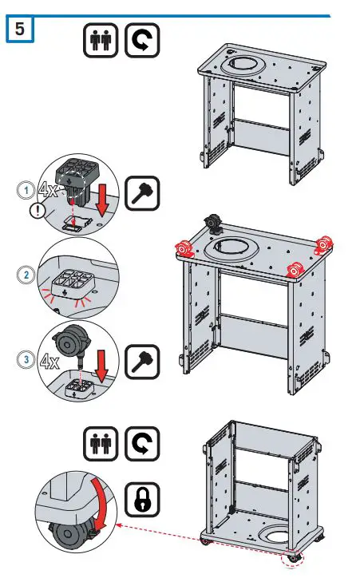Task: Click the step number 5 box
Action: (20, 29)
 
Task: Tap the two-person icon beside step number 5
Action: (101, 40)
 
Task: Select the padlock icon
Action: (142, 500)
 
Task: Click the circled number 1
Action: (26, 190)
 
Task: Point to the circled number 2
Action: (26, 275)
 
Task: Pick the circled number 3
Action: (26, 359)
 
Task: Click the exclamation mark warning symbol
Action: (38, 211)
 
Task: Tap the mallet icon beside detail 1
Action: (142, 193)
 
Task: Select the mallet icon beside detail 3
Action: (142, 362)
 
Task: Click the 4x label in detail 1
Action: (48, 189)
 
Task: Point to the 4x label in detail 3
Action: (49, 361)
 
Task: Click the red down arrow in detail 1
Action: (102, 200)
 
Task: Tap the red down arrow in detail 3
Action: (101, 366)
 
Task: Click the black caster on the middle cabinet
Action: (213, 224)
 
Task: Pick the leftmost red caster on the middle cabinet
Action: (185, 248)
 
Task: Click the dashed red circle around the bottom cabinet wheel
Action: (291, 559)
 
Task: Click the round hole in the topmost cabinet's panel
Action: (243, 65)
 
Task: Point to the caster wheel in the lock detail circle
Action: (66, 534)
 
